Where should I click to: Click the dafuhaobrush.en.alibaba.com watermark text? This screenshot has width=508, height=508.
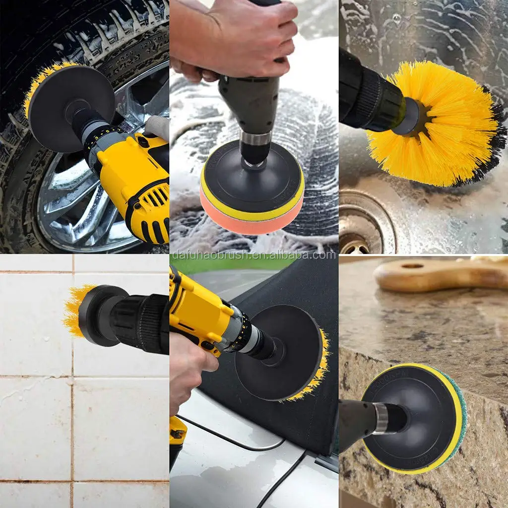click(253, 255)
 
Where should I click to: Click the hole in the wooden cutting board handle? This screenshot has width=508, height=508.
click(412, 266)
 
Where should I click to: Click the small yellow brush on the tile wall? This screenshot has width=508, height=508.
click(73, 310)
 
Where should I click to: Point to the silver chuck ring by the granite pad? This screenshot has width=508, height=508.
click(381, 418)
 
